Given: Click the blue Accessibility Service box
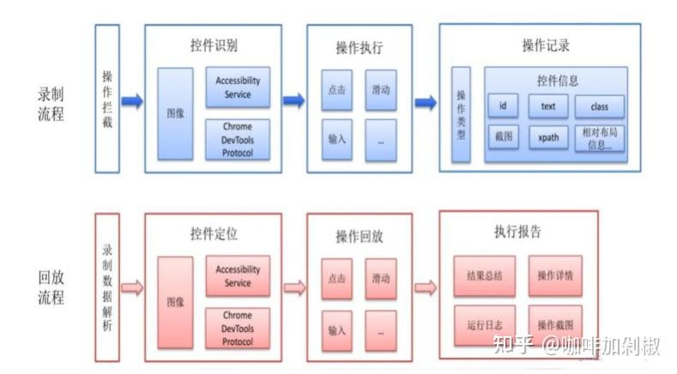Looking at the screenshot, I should pos(238,87).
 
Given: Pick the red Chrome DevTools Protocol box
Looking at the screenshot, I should pos(238,328).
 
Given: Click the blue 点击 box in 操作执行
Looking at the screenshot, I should pos(336,89).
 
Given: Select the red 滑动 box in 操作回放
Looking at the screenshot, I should pos(381,279).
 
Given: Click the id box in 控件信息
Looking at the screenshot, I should pos(503,106).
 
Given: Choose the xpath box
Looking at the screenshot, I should pos(548,137).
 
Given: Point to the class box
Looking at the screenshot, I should pos(599,106).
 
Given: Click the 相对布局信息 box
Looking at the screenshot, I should pos(598,137).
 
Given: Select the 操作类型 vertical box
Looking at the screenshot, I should pos(461,114).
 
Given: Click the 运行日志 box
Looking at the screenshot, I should pos(485,325).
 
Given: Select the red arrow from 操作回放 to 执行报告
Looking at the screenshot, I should pos(426,287).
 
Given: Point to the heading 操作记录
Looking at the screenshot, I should pos(546,45).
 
